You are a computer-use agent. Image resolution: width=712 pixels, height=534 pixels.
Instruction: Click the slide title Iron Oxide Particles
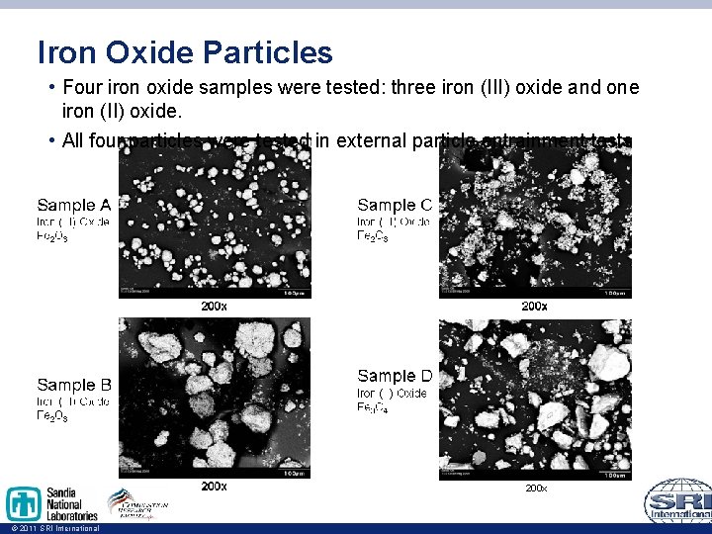pyautogui.click(x=184, y=51)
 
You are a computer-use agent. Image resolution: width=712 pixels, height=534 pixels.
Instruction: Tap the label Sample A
pyautogui.click(x=66, y=205)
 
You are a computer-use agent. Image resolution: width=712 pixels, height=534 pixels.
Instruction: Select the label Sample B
pyautogui.click(x=74, y=384)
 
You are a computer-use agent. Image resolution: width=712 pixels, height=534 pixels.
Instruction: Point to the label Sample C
pyautogui.click(x=395, y=205)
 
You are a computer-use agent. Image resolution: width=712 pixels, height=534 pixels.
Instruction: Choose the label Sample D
pyautogui.click(x=395, y=375)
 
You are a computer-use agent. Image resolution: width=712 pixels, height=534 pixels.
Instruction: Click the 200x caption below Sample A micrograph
pyautogui.click(x=214, y=306)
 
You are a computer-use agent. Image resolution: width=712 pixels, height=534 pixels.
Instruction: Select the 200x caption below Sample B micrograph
pyautogui.click(x=214, y=486)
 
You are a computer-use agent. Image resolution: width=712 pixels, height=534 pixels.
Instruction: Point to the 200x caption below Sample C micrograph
pyautogui.click(x=534, y=306)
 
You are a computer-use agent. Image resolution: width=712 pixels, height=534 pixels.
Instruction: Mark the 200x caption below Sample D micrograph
pyautogui.click(x=536, y=489)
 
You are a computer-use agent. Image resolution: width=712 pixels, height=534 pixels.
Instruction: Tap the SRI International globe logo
pyautogui.click(x=677, y=501)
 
